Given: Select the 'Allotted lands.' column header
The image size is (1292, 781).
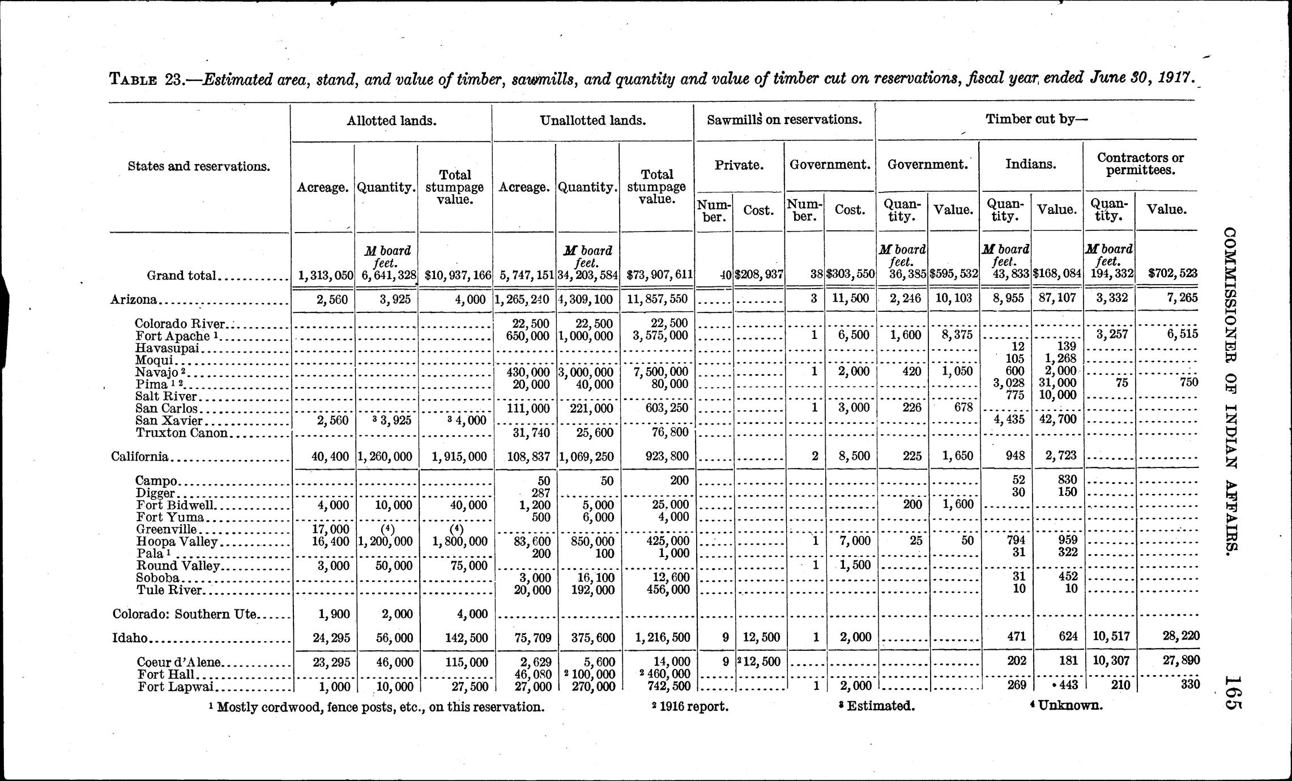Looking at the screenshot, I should click(x=391, y=121).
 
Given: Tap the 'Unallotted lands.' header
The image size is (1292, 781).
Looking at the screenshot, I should click(x=592, y=121).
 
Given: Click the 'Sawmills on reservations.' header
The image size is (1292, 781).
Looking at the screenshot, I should click(x=784, y=120).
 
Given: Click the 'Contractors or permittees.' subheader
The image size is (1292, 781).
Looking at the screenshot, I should click(x=1140, y=164).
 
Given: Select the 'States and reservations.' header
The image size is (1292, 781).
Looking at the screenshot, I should click(x=198, y=166).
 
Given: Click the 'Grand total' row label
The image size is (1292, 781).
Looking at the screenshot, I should click(x=182, y=276).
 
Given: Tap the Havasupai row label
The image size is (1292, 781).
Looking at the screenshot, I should click(x=167, y=348).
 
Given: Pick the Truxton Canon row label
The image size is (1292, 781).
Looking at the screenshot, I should click(x=181, y=434).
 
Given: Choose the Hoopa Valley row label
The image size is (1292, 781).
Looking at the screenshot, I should click(x=177, y=542).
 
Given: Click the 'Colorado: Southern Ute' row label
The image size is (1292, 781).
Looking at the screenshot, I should click(x=185, y=615).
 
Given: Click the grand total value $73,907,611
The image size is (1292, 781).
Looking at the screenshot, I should click(x=660, y=275).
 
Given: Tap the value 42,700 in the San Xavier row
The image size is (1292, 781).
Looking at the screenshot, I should click(x=1057, y=419).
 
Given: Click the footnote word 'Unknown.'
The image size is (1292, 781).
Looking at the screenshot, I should click(x=1069, y=706).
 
